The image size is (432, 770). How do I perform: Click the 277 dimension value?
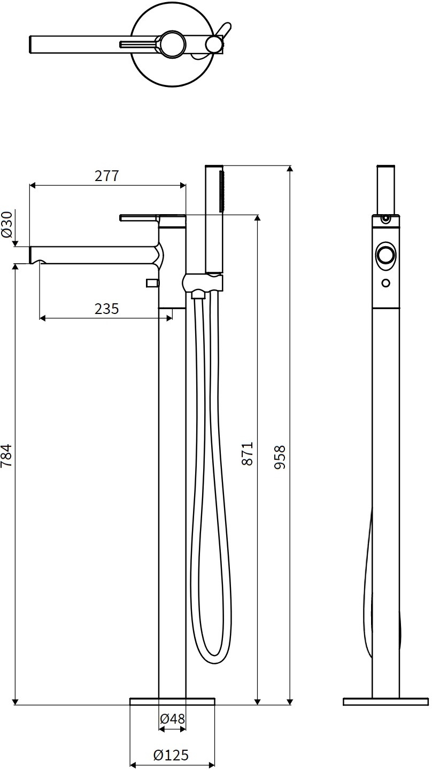click(107, 176)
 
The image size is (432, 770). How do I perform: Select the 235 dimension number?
click(107, 309)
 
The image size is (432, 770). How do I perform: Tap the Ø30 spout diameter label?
click(7, 224)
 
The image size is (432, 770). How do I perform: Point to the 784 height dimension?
click(6, 455)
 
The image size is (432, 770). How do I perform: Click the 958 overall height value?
click(280, 457)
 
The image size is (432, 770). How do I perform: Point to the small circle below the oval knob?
click(386, 283)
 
